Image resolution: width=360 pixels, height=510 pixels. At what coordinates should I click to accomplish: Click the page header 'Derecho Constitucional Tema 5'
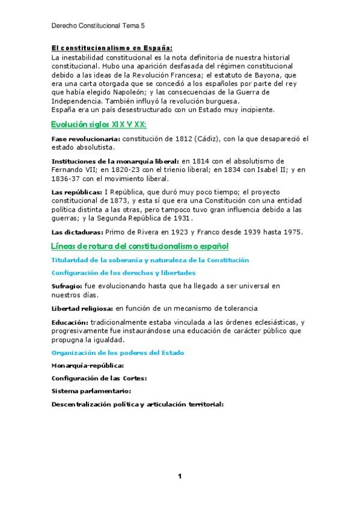pos(98,26)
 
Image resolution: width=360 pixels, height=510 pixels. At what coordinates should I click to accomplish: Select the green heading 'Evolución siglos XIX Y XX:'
pos(99,124)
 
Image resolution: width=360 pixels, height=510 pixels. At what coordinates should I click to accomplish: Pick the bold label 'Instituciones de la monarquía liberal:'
pos(115,162)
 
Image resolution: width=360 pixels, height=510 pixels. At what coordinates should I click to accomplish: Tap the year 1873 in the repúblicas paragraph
pos(130,200)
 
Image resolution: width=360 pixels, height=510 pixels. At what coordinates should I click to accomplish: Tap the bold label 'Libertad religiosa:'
pos(82,308)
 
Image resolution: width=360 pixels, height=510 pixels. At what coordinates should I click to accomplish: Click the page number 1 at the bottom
pos(180,476)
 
